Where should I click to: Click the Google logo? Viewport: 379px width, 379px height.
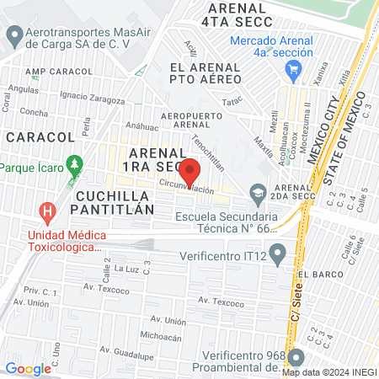coord(28,368)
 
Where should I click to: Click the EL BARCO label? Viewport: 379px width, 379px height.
coord(319,273)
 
